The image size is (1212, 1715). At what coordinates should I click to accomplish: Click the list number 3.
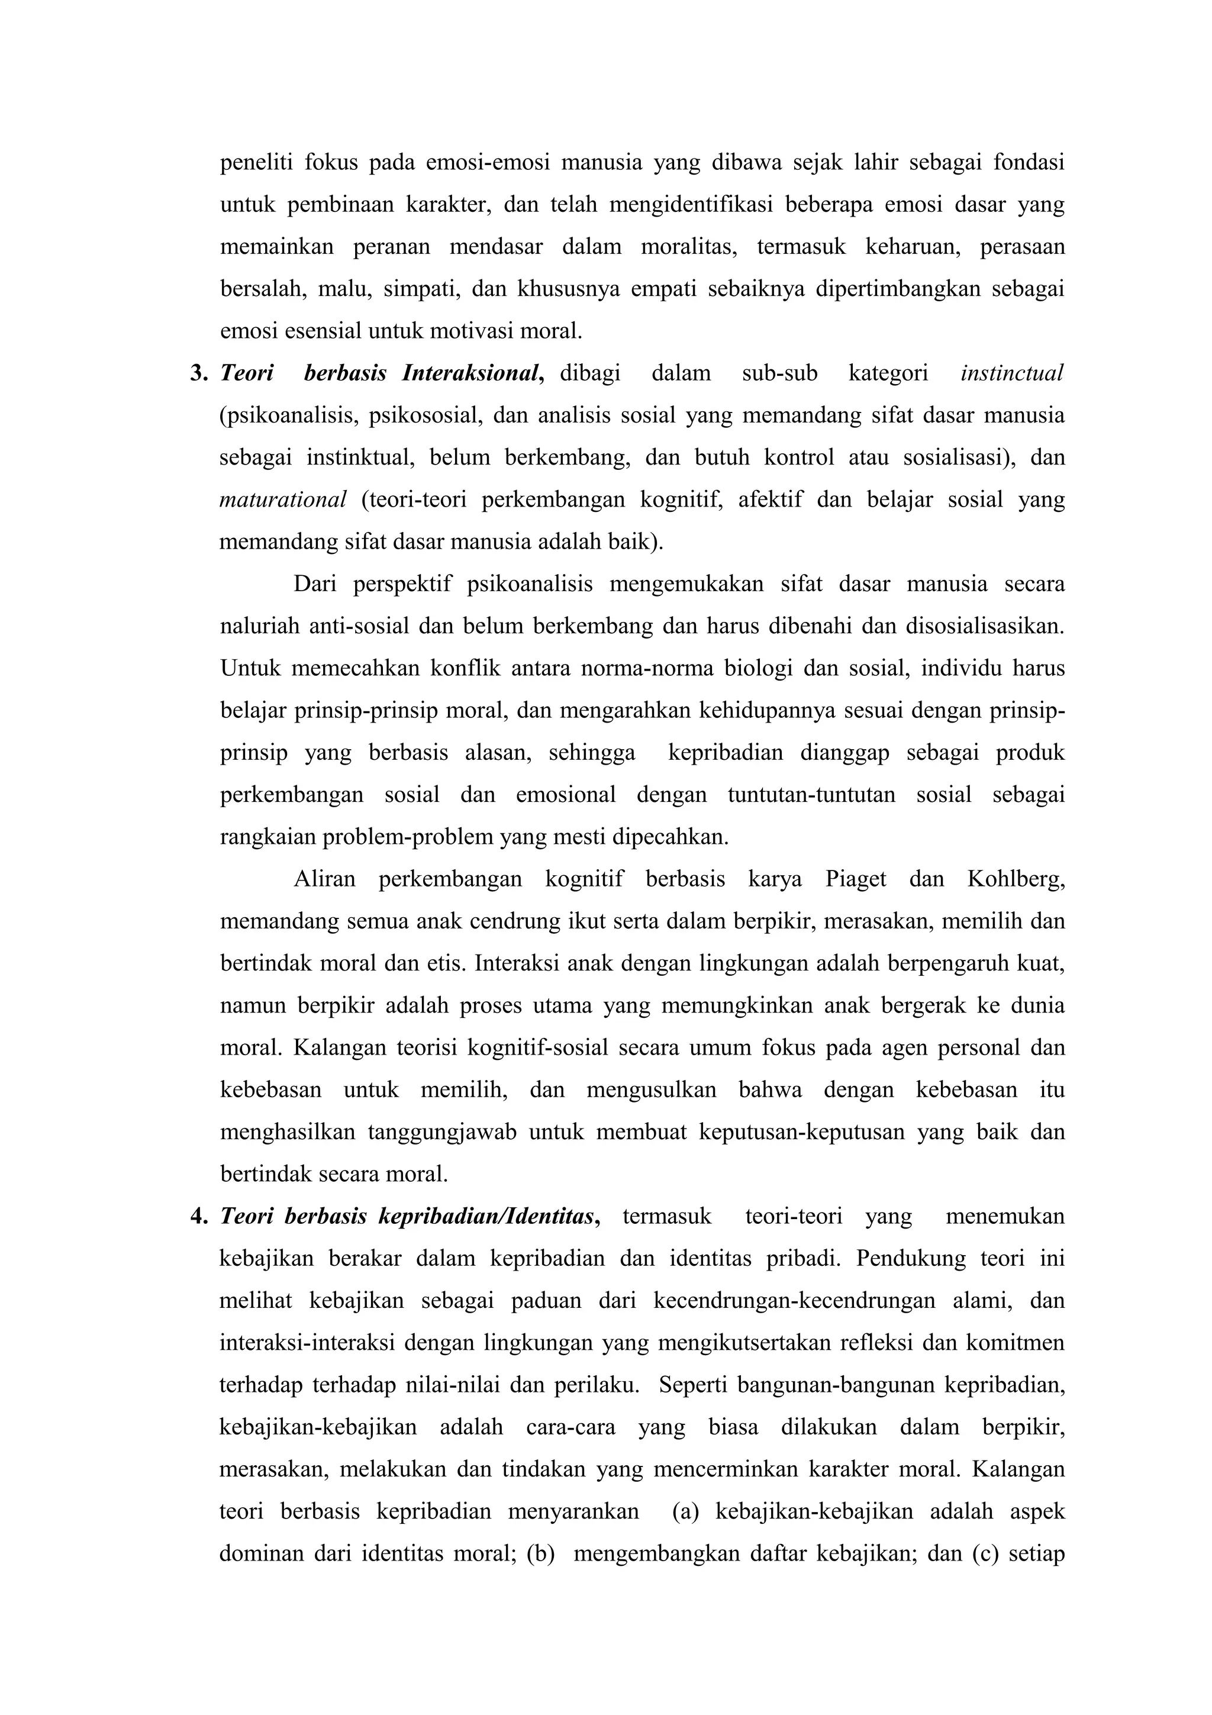click(x=199, y=373)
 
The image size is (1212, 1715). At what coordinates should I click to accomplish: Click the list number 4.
click(x=199, y=1217)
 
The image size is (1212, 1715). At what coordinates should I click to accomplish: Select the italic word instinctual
click(x=1012, y=373)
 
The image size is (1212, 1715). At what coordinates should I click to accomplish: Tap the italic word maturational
click(x=283, y=499)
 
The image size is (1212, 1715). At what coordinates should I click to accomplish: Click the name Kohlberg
click(x=1016, y=879)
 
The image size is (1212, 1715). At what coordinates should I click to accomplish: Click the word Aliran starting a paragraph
click(x=325, y=879)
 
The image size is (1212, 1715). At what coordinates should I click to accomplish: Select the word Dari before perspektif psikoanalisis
click(x=314, y=584)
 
